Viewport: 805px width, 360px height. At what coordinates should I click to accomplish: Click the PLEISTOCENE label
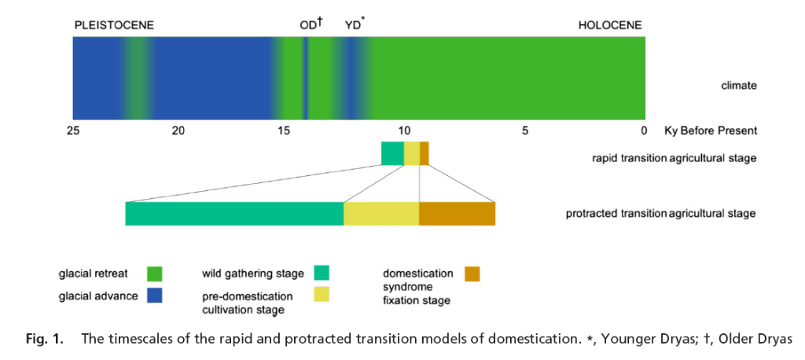(114, 25)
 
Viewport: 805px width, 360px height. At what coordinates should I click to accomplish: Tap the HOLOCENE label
(610, 25)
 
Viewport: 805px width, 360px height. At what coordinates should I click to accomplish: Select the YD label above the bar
(354, 25)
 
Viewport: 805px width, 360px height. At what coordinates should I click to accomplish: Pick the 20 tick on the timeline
(178, 130)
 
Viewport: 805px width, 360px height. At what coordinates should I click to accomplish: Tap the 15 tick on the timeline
(284, 130)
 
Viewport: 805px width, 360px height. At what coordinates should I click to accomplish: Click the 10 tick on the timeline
(403, 130)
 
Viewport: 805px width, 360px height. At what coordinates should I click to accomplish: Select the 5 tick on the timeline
(525, 130)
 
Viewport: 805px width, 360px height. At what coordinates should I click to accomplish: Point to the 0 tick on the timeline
(643, 130)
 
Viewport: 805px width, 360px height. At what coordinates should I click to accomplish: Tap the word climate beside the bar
(739, 86)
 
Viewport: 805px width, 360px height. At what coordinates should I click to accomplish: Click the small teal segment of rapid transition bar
(392, 153)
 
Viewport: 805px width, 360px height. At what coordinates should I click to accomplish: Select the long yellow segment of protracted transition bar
(381, 214)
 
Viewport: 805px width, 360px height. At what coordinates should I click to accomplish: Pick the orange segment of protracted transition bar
(457, 214)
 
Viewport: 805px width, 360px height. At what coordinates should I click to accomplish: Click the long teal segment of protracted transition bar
(234, 214)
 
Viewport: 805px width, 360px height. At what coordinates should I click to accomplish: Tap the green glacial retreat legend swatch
(154, 274)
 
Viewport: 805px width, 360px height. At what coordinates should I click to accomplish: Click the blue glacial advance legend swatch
(154, 296)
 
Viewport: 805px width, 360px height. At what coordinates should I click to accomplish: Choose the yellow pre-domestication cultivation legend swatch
(322, 295)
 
